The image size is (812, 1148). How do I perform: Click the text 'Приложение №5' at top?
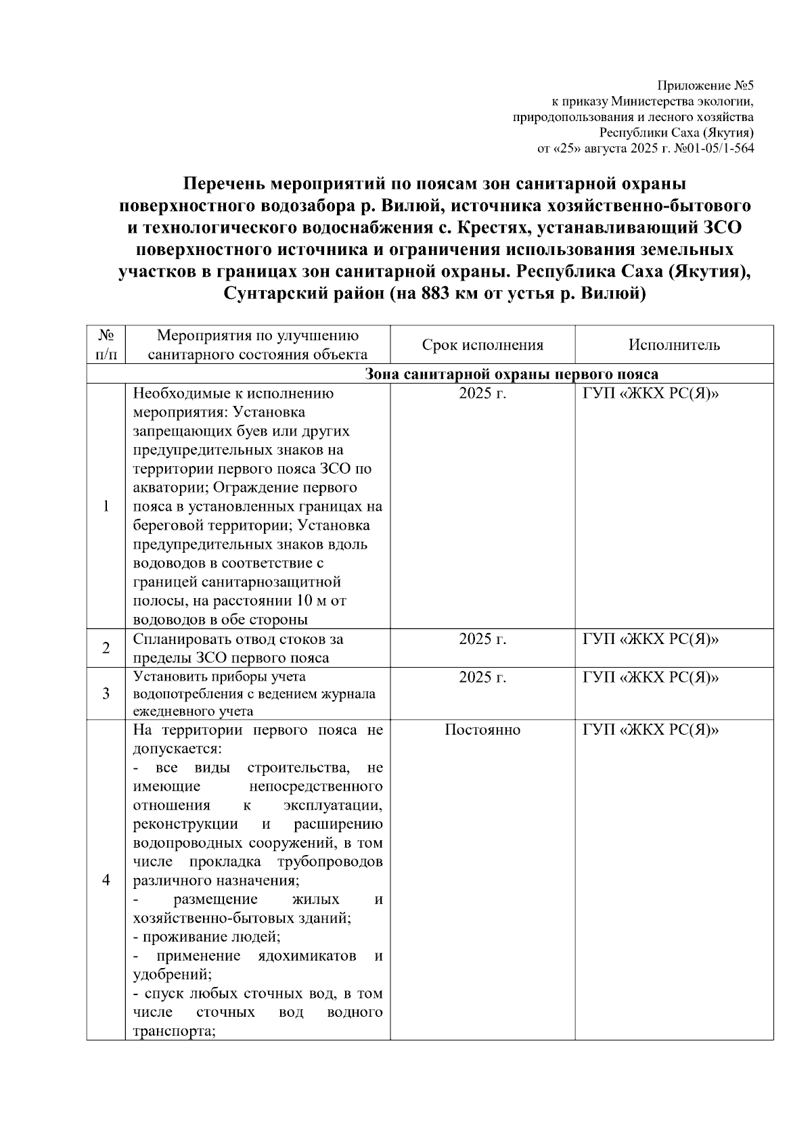705,86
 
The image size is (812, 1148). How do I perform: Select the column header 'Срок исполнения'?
482,345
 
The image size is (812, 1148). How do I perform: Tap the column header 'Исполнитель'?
674,345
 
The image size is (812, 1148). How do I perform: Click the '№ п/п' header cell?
106,345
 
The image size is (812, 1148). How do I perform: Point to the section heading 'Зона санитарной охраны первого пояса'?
512,375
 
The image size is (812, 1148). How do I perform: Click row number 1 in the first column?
106,507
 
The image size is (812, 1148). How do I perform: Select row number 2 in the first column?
106,648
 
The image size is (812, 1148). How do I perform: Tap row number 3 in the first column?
106,694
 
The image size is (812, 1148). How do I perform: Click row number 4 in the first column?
106,880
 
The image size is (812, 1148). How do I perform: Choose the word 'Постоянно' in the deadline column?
482,730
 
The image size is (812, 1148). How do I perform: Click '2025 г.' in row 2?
482,639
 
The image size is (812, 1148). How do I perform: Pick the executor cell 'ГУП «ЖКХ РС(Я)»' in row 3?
650,677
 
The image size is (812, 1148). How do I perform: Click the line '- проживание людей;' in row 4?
207,937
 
